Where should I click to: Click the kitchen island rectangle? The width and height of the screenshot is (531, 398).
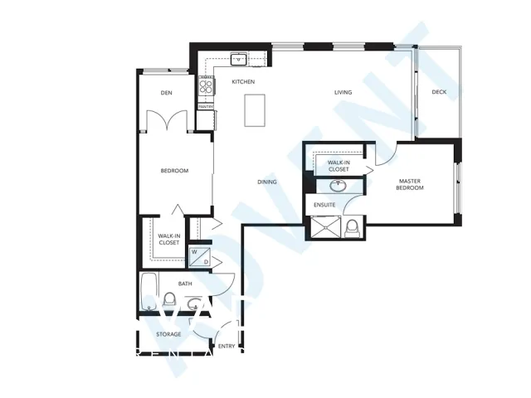(254, 110)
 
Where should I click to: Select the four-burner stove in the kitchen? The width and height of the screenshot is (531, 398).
(203, 83)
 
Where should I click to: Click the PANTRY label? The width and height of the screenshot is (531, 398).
(204, 106)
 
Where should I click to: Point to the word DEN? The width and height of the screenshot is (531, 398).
(166, 93)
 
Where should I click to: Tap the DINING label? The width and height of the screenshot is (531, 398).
(267, 182)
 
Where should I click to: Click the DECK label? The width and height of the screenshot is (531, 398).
(439, 92)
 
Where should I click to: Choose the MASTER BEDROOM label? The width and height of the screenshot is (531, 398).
(411, 184)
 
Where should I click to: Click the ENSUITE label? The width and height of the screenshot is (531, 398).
(325, 203)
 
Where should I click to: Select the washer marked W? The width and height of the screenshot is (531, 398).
(195, 252)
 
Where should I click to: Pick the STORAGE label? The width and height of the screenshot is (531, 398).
(168, 334)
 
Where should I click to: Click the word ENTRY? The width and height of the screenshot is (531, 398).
(226, 345)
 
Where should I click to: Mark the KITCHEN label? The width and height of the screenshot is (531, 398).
(242, 82)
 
